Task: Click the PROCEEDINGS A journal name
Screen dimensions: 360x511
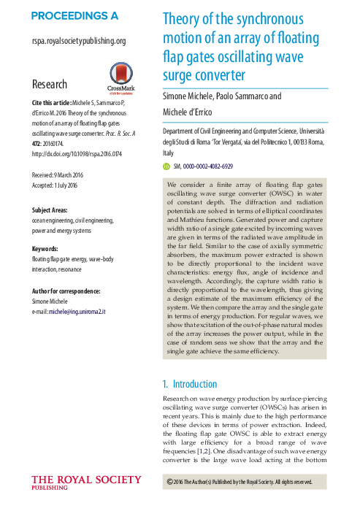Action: pyautogui.click(x=74, y=15)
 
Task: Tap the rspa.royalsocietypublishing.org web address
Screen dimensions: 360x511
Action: pyautogui.click(x=79, y=42)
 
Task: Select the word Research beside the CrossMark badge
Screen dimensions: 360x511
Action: pyautogui.click(x=50, y=85)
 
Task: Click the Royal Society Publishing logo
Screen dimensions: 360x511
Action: pyautogui.click(x=86, y=483)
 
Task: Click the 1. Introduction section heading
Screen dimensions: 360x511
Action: pyautogui.click(x=189, y=384)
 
